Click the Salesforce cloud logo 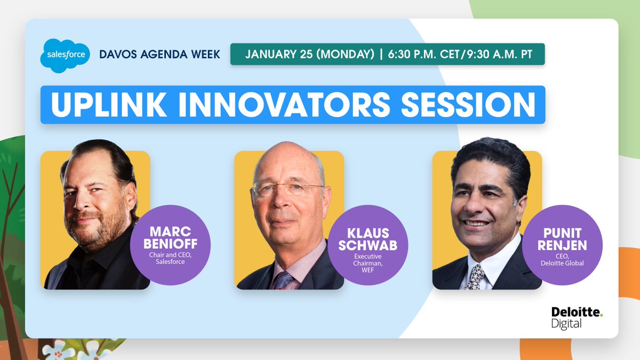pos(65,55)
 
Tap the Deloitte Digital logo pos(577,318)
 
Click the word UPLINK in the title pos(109,105)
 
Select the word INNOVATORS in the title pos(285,105)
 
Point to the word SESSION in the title pos(469,105)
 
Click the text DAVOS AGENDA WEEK pos(159,54)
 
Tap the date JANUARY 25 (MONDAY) pos(310,54)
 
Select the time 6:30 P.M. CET pos(423,54)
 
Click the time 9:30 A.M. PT pos(500,54)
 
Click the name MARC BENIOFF pos(170,238)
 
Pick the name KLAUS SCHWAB pos(367,239)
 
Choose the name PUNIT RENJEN pos(562,239)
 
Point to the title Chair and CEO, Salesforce pos(170,258)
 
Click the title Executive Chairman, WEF pos(367,263)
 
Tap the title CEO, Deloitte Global pos(562,260)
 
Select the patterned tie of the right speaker pos(475,277)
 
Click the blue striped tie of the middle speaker pos(283,281)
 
